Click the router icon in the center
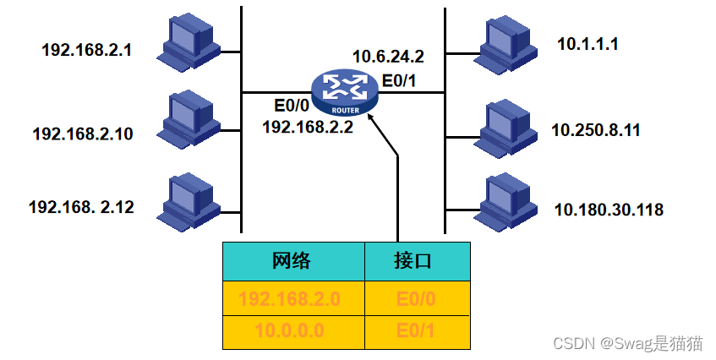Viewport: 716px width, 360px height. tap(345, 93)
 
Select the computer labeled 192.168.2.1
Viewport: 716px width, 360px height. tap(189, 44)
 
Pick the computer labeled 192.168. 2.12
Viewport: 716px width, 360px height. tap(189, 203)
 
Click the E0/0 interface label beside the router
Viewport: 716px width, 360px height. tap(292, 106)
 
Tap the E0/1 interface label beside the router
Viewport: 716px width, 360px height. tap(399, 81)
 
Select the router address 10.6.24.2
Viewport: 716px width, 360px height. tap(388, 57)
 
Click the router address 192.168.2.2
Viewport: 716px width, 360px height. tap(308, 127)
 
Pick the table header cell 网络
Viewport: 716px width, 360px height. tap(293, 261)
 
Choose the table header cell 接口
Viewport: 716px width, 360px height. tap(418, 261)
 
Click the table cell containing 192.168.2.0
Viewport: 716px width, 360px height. tap(293, 298)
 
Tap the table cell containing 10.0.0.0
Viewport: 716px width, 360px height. tap(293, 333)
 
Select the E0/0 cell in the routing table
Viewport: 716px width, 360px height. tap(418, 298)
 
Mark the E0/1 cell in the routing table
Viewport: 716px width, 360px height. tap(418, 333)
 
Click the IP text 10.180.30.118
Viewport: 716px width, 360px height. tap(609, 210)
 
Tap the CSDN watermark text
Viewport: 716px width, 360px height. tap(628, 343)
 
